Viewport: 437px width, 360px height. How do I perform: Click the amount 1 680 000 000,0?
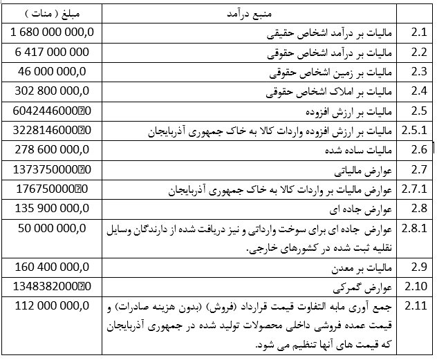click(53, 32)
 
